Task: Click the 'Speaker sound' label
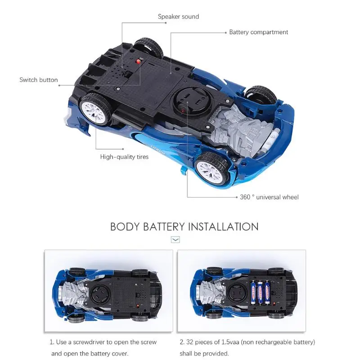178,17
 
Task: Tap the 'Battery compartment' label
258,32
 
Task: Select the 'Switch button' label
39,80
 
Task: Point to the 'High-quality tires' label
124,157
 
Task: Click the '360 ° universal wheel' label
269,197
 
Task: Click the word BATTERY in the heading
164,227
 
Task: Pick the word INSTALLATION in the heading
223,227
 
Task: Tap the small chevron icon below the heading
175,240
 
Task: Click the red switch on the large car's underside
138,62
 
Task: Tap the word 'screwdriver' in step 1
90,342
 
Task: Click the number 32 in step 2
189,342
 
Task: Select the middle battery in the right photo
261,292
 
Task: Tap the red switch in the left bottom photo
138,306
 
